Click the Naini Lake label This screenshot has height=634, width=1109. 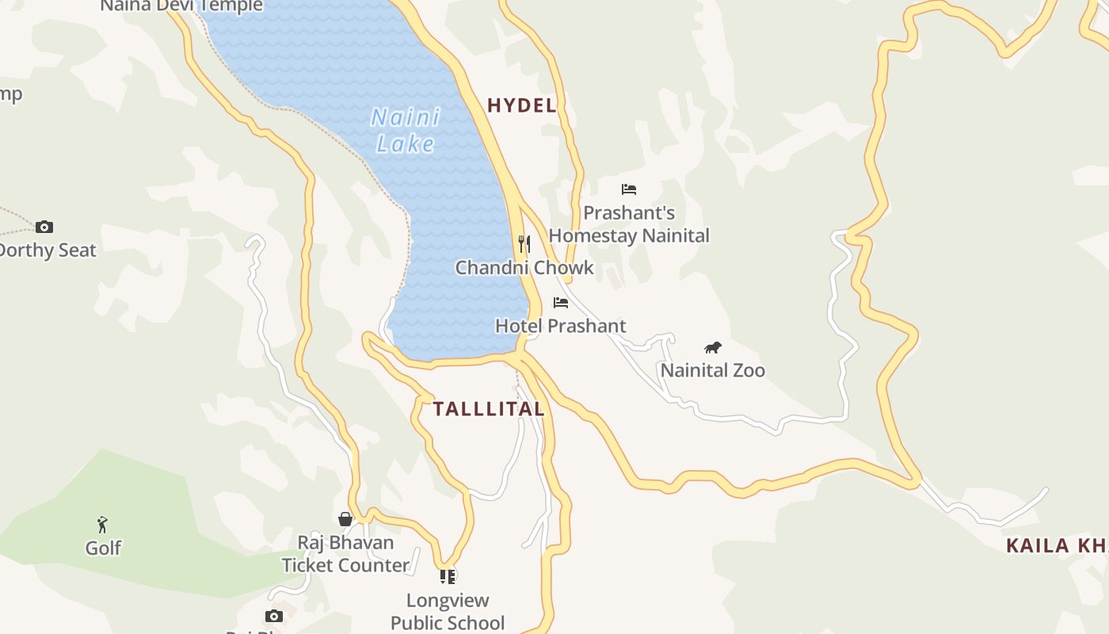(x=405, y=131)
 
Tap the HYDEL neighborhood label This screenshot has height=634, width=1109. (x=521, y=105)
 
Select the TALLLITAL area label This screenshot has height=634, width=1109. (x=489, y=409)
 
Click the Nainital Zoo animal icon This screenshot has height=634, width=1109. (x=713, y=347)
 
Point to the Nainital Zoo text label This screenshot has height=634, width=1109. (x=713, y=370)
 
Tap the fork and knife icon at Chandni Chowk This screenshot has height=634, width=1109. (x=524, y=243)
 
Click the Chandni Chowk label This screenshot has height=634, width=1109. (x=524, y=267)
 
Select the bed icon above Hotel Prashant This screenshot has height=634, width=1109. (x=561, y=303)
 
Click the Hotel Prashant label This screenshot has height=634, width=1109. (x=561, y=326)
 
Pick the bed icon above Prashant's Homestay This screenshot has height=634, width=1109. (x=629, y=189)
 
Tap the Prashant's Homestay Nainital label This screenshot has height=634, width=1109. (x=629, y=224)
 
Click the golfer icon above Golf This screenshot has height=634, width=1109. (x=102, y=524)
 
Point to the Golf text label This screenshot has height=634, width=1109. (x=104, y=548)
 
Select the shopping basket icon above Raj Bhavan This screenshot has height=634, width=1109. (x=345, y=519)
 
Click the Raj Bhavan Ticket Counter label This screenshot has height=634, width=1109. (x=345, y=554)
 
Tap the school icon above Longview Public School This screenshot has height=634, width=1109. (x=448, y=576)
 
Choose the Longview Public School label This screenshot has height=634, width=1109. (x=448, y=611)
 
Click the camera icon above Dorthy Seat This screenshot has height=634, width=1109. (x=44, y=227)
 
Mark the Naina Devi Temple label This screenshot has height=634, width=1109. (x=181, y=6)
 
